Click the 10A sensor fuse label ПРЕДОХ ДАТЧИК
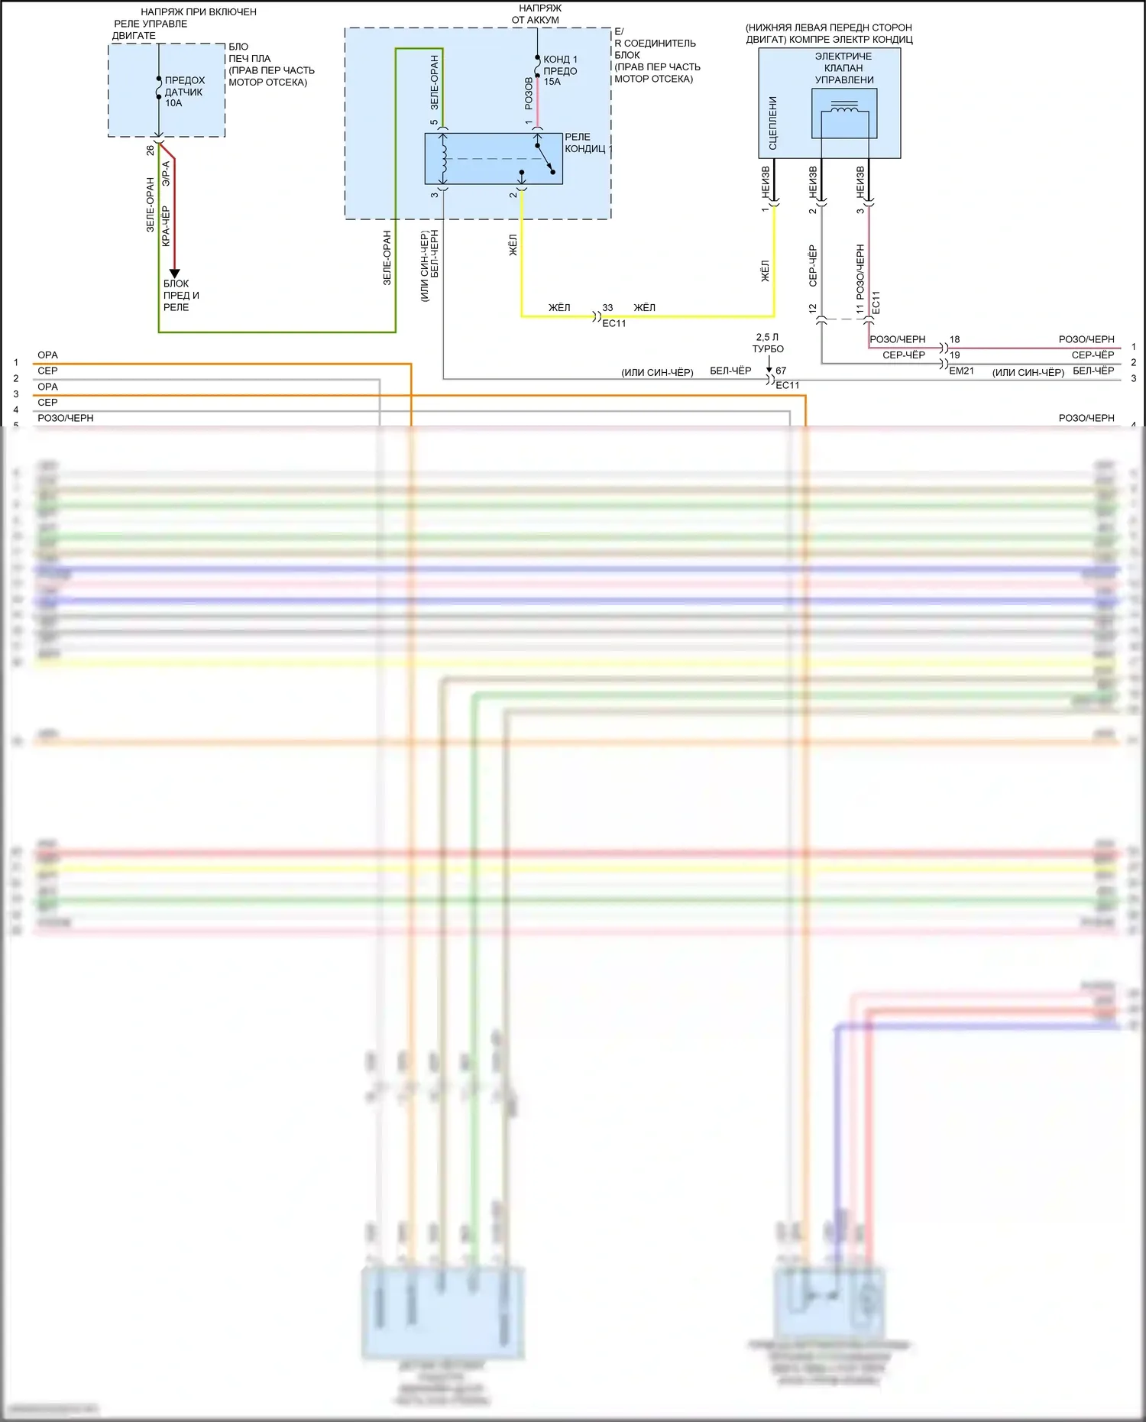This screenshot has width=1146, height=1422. point(184,91)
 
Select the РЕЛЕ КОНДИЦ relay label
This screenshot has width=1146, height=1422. point(585,143)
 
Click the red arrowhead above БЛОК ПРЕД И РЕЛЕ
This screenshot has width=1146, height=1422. point(174,273)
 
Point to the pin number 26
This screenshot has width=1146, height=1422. point(151,151)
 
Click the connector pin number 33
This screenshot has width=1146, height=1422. point(607,307)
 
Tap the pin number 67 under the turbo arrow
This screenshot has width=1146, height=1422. point(781,371)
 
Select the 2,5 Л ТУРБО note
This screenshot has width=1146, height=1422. point(768,342)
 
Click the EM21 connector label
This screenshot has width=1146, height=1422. point(961,371)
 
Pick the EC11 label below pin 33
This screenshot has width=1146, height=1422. point(613,323)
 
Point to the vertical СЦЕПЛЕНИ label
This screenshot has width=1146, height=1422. point(773,122)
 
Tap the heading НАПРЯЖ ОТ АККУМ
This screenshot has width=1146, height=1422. point(537,14)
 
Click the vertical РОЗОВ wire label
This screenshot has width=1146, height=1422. point(529,93)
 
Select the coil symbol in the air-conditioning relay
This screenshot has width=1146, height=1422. point(443,158)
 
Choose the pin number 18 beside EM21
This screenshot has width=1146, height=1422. point(954,339)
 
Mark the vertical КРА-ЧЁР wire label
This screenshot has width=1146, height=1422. point(166,225)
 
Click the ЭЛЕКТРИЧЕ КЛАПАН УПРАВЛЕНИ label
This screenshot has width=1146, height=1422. point(843,68)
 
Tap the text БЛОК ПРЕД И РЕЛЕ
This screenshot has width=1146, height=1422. point(181,295)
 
